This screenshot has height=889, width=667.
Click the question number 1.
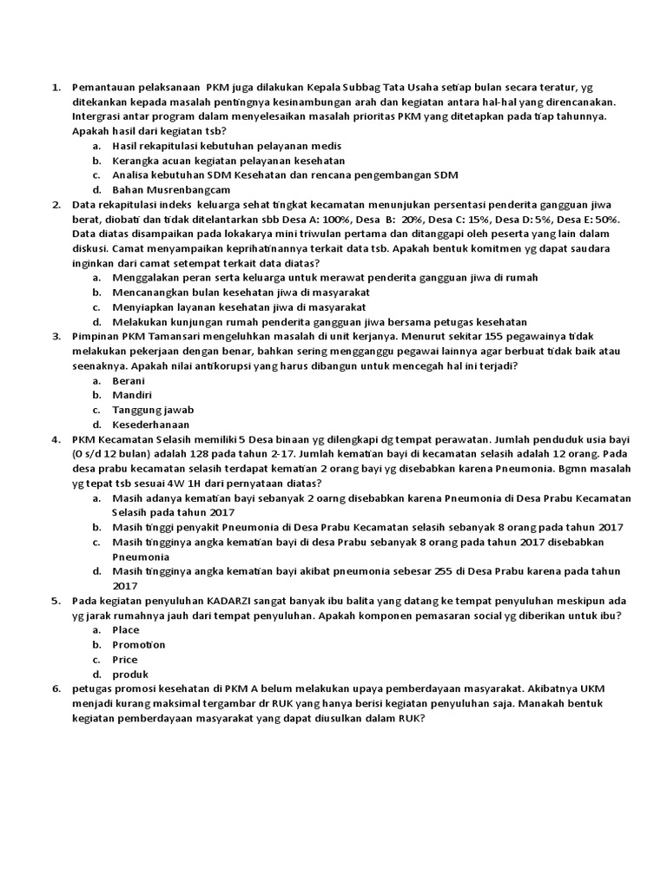pyautogui.click(x=55, y=88)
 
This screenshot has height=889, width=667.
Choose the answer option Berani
pyautogui.click(x=129, y=380)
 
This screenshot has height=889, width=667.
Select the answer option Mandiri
pyautogui.click(x=132, y=395)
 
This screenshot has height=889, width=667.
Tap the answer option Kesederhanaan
pyautogui.click(x=151, y=425)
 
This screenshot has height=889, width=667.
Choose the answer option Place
pyautogui.click(x=126, y=629)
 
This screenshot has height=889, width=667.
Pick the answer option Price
pyautogui.click(x=125, y=659)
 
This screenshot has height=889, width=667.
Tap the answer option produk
pyautogui.click(x=130, y=674)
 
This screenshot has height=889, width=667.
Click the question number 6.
pyautogui.click(x=55, y=688)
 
